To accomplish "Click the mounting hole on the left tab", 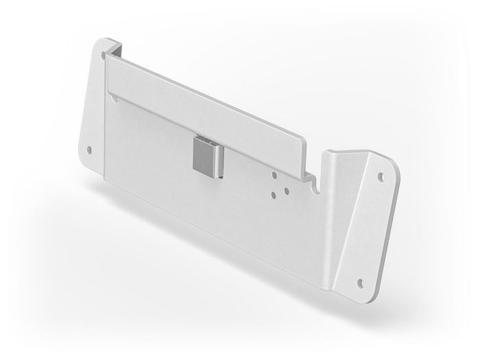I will click(x=89, y=149).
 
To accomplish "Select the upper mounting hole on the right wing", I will click(x=381, y=176).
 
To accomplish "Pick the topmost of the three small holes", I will click(x=276, y=175).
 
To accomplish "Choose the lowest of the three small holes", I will click(x=275, y=194).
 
